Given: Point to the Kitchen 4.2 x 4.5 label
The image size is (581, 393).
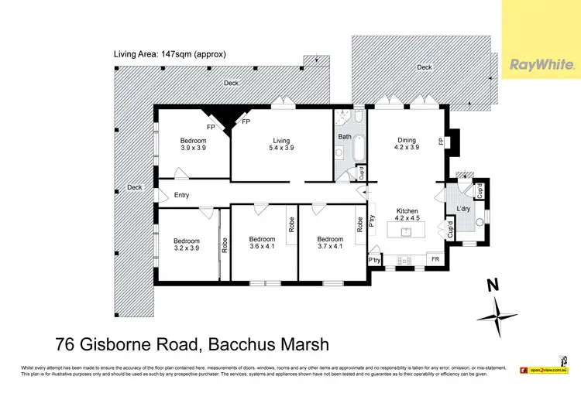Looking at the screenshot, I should point(407,214).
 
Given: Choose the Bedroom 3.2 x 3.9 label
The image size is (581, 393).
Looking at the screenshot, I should point(186,244).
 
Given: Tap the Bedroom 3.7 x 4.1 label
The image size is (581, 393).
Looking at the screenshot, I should point(330,243).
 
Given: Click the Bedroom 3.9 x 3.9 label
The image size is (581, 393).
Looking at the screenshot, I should point(193,144).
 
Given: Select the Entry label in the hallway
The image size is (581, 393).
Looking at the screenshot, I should point(182,195).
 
